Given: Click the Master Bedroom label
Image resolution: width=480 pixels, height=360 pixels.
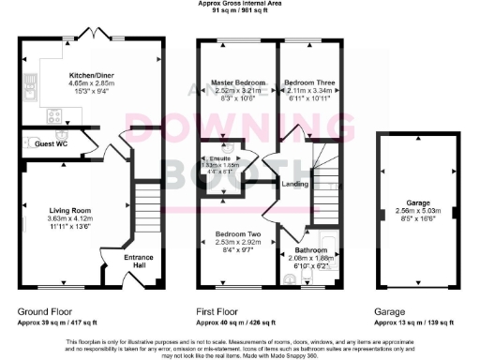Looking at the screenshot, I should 234,83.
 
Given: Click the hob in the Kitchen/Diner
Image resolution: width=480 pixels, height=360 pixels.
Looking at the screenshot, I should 54,116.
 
